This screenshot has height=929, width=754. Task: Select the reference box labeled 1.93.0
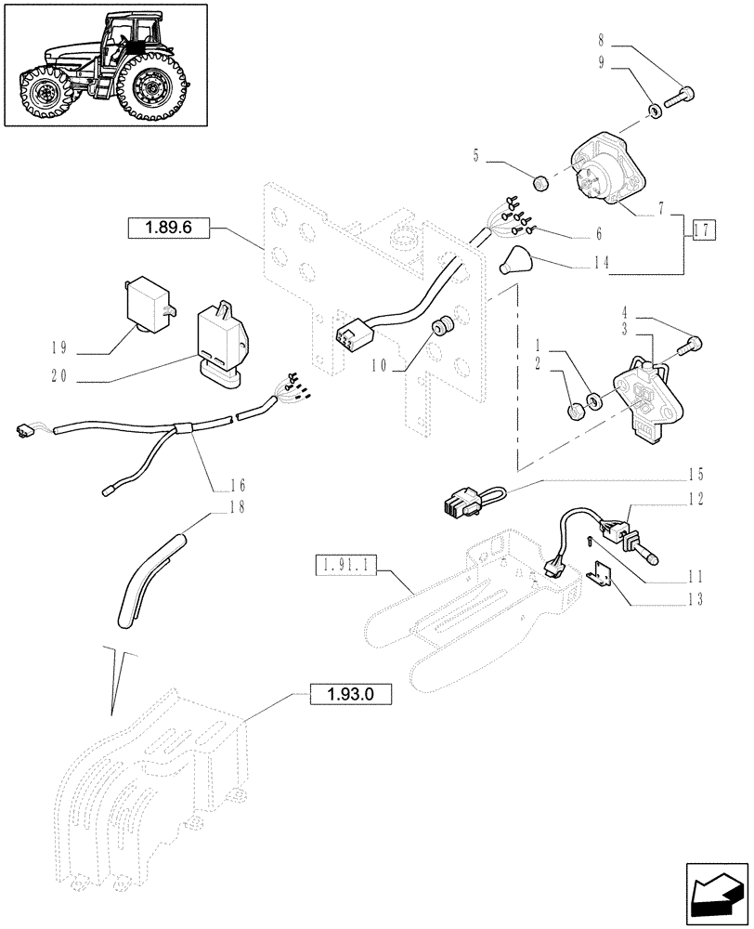point(346,693)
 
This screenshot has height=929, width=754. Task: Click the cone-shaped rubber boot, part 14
point(513,259)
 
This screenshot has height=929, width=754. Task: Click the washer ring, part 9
point(656,111)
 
